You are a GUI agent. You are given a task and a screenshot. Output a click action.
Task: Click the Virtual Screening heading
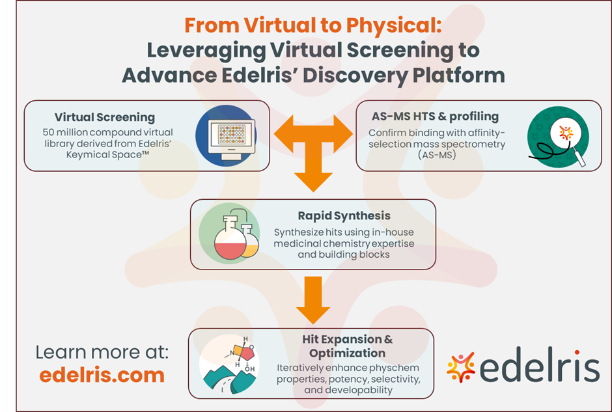point(105,118)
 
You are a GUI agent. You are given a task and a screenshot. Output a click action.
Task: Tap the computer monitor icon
point(225,135)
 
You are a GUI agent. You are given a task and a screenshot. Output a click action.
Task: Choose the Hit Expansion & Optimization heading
point(347,346)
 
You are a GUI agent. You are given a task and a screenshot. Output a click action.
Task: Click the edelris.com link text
point(102,375)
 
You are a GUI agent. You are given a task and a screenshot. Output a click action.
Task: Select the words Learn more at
point(102,352)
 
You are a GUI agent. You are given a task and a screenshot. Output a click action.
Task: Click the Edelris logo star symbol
point(460,368)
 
